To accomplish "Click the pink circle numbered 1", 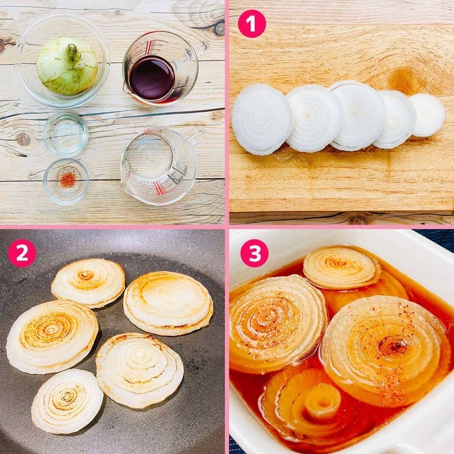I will [x=252, y=23].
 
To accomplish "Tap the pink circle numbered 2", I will [x=21, y=253].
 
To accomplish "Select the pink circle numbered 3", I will [x=254, y=253].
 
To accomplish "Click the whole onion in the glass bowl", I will [x=67, y=65].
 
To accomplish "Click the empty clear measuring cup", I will [x=156, y=165].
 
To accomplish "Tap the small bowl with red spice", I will [x=66, y=181].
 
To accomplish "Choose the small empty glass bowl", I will [x=66, y=134].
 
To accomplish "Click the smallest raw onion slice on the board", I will [x=427, y=115].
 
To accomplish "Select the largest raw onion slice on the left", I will [x=262, y=119].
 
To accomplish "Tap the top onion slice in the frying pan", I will [x=88, y=282].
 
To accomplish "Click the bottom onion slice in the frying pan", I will [x=67, y=401].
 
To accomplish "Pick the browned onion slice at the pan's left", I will [x=52, y=336].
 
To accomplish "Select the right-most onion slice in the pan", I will [x=168, y=302].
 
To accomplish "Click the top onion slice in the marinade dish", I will [x=342, y=267].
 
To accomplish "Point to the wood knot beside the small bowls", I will [x=23, y=139].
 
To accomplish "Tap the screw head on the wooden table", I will [x=219, y=28].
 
